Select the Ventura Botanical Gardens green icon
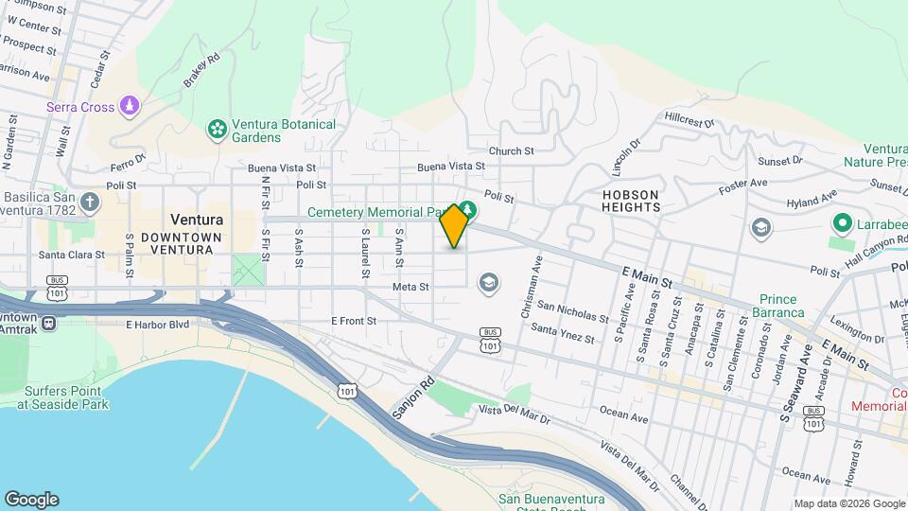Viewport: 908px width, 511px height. (x=217, y=128)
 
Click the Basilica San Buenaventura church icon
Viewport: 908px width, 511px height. (x=89, y=202)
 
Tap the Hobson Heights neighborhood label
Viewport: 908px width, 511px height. (x=629, y=200)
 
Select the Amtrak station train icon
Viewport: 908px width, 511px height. (x=47, y=323)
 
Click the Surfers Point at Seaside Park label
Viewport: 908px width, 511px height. (x=62, y=397)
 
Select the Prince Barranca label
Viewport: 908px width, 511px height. (x=780, y=306)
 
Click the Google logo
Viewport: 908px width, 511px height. (x=31, y=500)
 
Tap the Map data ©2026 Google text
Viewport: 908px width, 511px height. (x=849, y=503)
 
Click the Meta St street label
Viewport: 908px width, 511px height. (x=410, y=286)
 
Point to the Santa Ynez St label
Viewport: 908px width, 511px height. (x=562, y=333)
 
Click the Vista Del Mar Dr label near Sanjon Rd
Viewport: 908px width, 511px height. (x=515, y=413)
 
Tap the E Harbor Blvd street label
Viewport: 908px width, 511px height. (x=157, y=325)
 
